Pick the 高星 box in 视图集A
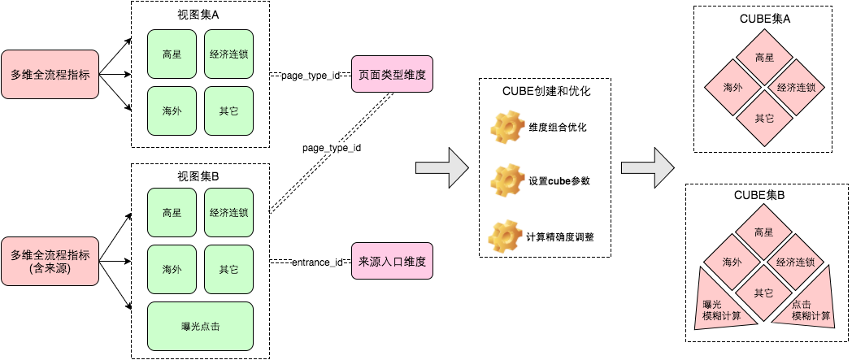coord(172,54)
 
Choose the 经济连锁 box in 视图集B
coord(228,213)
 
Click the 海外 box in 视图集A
coord(172,111)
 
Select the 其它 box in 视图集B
coord(228,269)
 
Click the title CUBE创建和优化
coord(546,92)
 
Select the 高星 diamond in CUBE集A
coord(763,58)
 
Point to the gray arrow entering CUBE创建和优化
coord(442,167)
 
